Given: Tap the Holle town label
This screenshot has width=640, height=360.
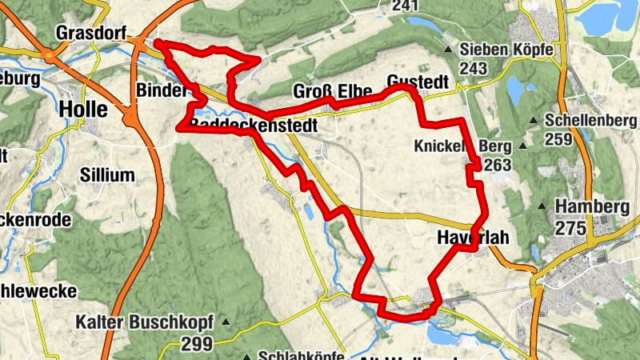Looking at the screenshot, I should pos(84,107).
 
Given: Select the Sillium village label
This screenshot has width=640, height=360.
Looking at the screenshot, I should pos(107,175).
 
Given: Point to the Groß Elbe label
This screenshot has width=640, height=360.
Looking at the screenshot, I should pos(332,90).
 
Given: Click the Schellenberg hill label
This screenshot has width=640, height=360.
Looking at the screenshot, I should pos(590,122).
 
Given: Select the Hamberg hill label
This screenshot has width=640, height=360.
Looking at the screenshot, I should pos(592,206).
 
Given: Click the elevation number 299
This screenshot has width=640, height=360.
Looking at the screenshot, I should pos(196,344).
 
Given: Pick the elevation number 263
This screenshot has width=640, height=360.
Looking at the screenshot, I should pos(496,166).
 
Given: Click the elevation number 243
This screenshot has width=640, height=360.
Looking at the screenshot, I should pos(474,69).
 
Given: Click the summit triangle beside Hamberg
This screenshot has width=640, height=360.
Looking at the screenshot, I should pos(542,206).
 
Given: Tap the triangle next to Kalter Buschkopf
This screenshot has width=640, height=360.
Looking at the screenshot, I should pos(226,323).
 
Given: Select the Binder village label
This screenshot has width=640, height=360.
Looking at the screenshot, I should pos(161,90).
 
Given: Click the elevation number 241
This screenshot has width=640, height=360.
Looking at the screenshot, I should pos(405,6).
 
